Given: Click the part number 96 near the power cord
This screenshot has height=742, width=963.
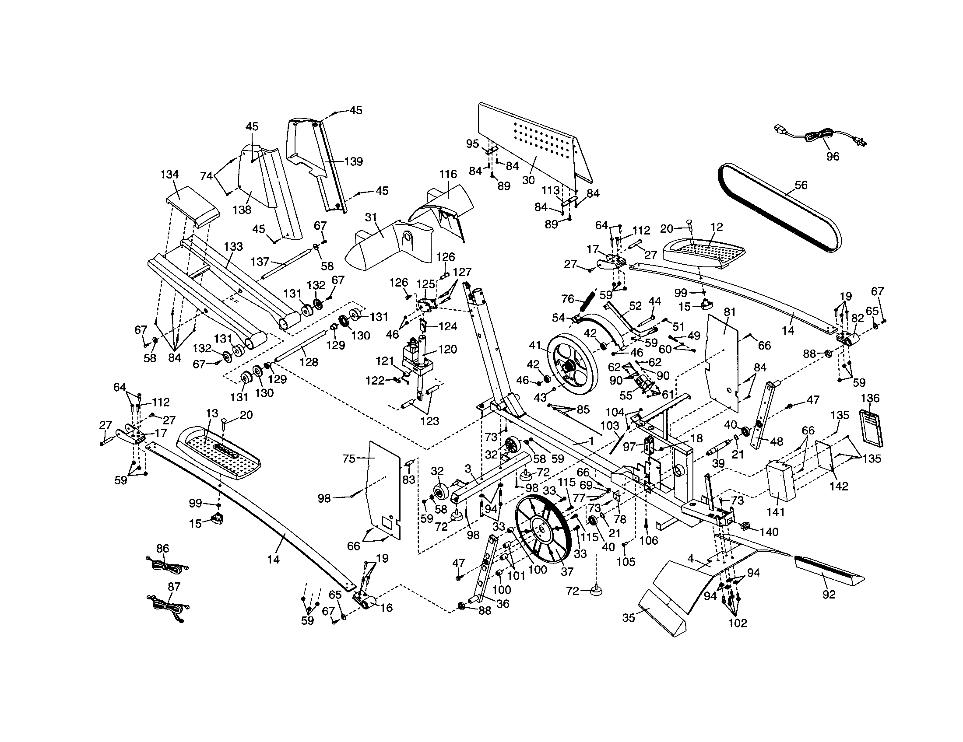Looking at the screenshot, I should point(833,157).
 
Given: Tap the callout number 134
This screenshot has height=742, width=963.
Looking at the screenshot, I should point(169,175).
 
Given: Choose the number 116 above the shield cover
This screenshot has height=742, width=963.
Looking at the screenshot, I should point(447,174).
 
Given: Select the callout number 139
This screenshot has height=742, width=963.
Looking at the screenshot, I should point(353,161).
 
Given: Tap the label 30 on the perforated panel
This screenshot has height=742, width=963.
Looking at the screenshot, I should point(528,180).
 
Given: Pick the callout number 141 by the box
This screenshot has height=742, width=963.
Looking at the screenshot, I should point(776,512).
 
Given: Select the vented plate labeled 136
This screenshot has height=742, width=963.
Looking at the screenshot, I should point(870,427).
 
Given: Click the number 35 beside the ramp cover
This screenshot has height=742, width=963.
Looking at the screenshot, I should point(629,618).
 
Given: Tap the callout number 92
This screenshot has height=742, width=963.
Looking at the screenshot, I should point(829,595).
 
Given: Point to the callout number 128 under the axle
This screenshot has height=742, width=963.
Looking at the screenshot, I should point(308,362).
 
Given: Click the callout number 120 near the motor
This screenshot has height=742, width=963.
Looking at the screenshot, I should point(447,350).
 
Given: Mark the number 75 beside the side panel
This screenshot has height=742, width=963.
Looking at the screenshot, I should point(349,458).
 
